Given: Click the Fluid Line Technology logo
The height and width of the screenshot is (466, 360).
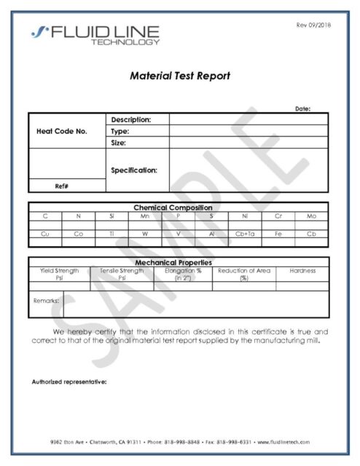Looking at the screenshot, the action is click(94, 34).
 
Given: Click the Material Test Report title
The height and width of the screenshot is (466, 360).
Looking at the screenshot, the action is click(179, 75).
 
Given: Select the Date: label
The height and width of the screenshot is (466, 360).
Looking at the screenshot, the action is click(302, 108).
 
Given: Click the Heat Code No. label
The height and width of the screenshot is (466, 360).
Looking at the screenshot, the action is click(61, 132).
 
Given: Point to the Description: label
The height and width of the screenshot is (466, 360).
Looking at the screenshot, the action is click(131, 119).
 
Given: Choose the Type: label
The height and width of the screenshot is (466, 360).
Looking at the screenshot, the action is click(120, 132).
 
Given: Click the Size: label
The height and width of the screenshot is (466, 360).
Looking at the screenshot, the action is click(119, 143).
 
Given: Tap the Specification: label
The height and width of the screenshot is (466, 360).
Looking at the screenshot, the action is click(134, 170).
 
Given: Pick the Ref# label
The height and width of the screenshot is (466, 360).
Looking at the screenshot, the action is click(62, 186).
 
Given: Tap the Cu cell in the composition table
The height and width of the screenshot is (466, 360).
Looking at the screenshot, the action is click(45, 234).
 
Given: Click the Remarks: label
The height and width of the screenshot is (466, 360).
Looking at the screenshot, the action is click(46, 299).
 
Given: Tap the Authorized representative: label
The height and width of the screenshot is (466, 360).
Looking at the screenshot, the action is click(70, 382).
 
